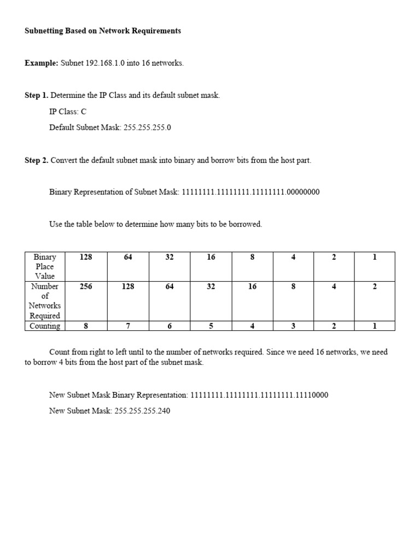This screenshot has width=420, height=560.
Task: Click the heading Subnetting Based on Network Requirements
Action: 103,31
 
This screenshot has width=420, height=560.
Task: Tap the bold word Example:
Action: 41,63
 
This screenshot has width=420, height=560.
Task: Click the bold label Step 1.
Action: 36,95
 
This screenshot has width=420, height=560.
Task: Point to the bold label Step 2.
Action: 36,160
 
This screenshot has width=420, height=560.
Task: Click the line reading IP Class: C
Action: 68,112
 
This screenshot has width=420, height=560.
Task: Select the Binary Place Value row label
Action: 45,266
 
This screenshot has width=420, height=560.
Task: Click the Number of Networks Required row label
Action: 45,301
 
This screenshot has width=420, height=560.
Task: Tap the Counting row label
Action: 45,326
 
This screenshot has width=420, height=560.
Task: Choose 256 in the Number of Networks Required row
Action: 86,287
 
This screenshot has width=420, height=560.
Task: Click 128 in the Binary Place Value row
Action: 86,257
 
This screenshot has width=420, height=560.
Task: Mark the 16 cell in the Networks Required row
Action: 252,287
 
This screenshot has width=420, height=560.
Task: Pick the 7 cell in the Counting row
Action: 128,326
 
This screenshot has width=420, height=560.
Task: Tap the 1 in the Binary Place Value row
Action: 375,257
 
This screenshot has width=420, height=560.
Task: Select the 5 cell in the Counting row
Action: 211,326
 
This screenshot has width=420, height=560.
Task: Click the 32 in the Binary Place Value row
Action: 169,257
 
